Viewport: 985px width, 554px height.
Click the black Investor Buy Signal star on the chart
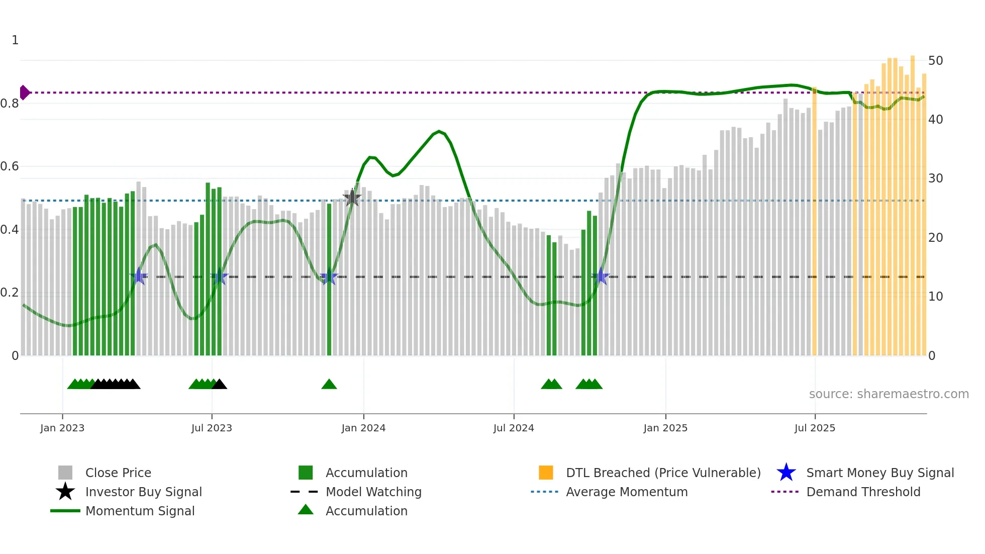(352, 198)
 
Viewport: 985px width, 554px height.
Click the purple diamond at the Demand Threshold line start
(24, 93)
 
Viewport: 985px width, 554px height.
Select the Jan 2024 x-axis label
(363, 428)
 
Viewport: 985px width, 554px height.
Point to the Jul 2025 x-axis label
(815, 428)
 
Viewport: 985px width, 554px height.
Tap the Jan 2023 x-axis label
(62, 428)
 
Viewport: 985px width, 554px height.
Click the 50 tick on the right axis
(935, 61)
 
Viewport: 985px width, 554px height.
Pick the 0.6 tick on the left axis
(10, 166)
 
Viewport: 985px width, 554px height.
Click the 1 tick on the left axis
(15, 40)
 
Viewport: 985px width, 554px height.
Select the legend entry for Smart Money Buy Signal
(879, 473)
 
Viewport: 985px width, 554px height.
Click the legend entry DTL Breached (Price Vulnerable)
(663, 473)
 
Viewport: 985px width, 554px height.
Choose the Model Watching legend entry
(373, 492)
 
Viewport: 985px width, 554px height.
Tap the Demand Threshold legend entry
(863, 492)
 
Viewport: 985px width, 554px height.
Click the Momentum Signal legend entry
(140, 511)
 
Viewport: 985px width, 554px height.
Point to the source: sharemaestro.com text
(889, 394)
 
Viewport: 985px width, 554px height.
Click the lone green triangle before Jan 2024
(329, 385)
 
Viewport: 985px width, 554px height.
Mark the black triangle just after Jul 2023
(220, 385)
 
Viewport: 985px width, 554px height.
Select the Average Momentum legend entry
(626, 492)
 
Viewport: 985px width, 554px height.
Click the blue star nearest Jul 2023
(219, 277)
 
